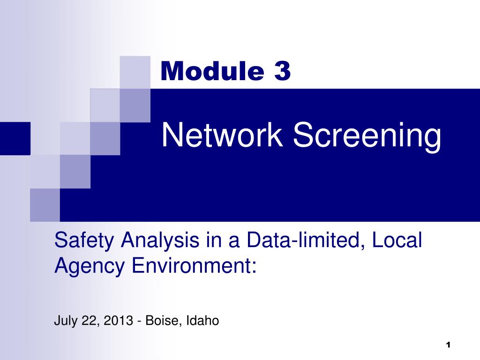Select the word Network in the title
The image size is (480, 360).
tap(223, 135)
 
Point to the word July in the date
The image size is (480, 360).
tap(64, 321)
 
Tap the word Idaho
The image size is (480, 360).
tap(203, 321)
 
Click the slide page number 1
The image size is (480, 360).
tap(448, 345)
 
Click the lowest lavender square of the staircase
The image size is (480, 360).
tap(45, 205)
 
